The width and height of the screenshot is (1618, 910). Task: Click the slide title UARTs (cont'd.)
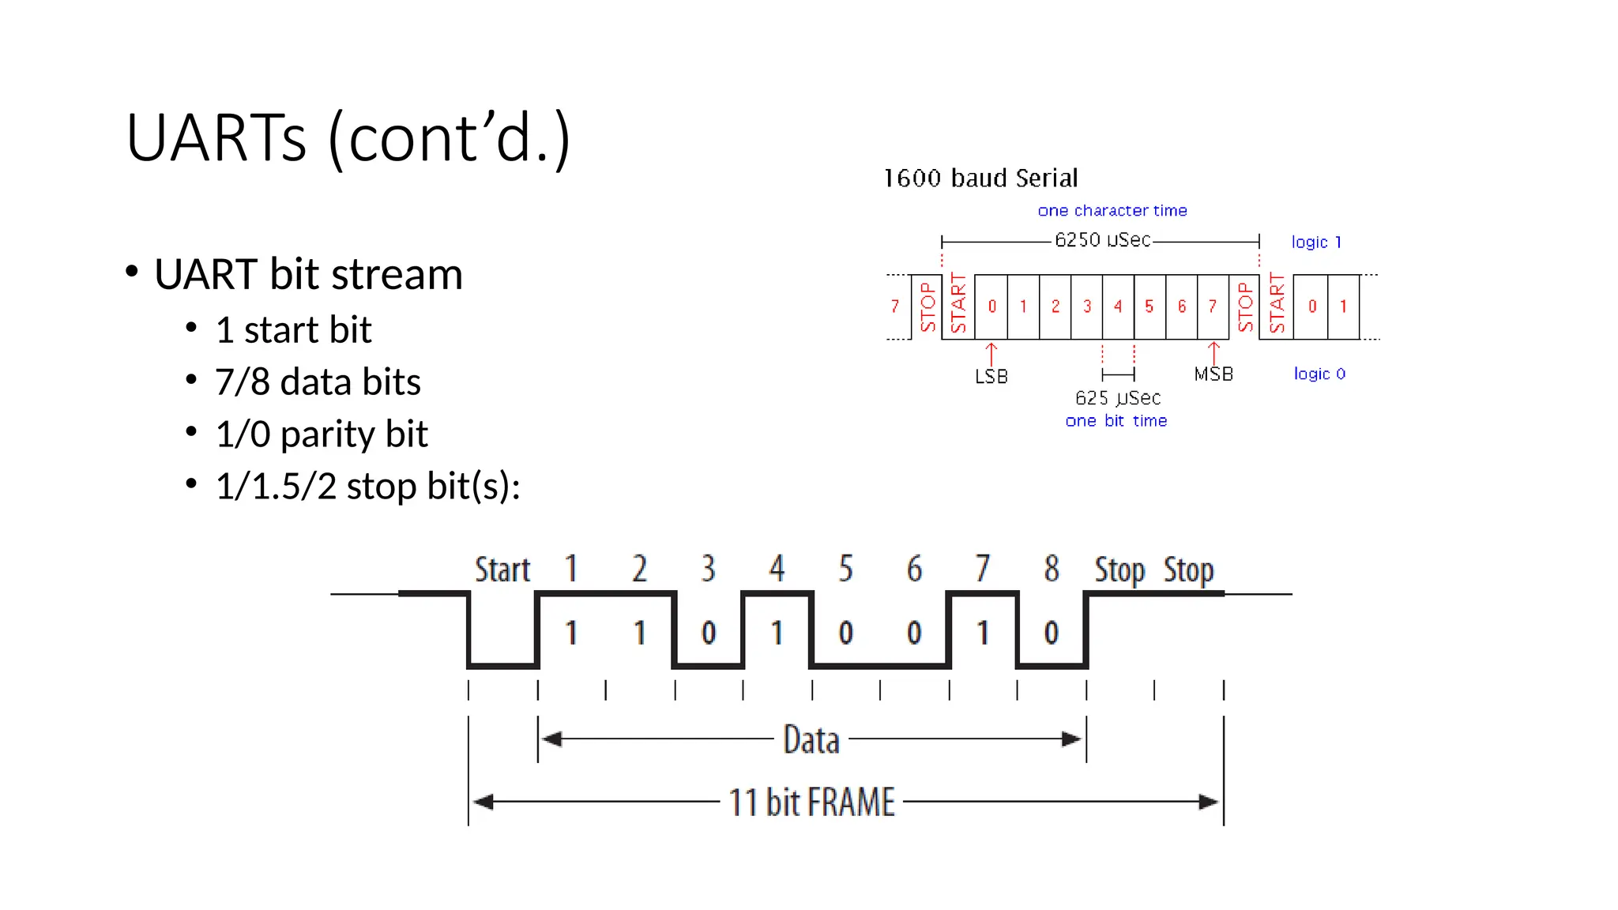pyautogui.click(x=348, y=137)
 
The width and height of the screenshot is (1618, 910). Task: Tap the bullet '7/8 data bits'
pyautogui.click(x=318, y=382)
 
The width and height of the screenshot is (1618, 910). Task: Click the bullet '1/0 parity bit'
pyautogui.click(x=321, y=434)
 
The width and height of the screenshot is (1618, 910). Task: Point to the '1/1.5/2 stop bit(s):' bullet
pyautogui.click(x=367, y=486)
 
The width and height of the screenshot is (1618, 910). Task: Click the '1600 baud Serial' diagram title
pyautogui.click(x=980, y=178)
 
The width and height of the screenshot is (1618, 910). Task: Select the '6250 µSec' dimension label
pyautogui.click(x=1102, y=239)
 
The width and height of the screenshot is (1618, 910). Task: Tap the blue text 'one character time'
pyautogui.click(x=1112, y=210)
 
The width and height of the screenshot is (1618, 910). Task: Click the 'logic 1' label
pyautogui.click(x=1315, y=242)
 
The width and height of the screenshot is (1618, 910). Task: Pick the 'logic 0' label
pyautogui.click(x=1319, y=374)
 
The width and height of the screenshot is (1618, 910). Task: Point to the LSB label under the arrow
pyautogui.click(x=991, y=377)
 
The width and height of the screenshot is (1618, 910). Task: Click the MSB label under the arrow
pyautogui.click(x=1213, y=374)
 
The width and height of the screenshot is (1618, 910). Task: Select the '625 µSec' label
pyautogui.click(x=1117, y=397)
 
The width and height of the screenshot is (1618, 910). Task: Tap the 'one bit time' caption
pyautogui.click(x=1116, y=421)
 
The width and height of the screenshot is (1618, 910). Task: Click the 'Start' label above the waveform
pyautogui.click(x=502, y=570)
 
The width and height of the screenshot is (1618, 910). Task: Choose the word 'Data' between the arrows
pyautogui.click(x=811, y=740)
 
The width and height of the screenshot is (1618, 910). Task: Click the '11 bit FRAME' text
pyautogui.click(x=811, y=803)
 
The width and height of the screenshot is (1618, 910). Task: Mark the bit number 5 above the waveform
pyautogui.click(x=845, y=569)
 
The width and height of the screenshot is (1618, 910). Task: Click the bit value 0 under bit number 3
pyautogui.click(x=708, y=633)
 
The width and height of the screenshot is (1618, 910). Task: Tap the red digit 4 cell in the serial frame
pyautogui.click(x=1117, y=306)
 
